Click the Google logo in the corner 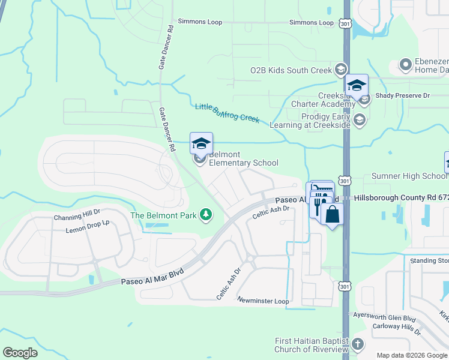coord(20,353)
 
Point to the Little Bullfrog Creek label coord(227,112)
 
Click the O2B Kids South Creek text coord(291,70)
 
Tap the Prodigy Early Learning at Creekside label coord(316,120)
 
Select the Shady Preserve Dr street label coord(403,95)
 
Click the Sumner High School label coord(409,176)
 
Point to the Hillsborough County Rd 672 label coord(401,197)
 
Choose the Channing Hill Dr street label coord(77,218)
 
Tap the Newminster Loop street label coord(263,301)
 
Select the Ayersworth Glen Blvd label coord(385,319)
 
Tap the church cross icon coord(358,344)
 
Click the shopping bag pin coord(332,214)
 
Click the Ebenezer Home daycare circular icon coord(405,64)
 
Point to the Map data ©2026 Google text coord(411,355)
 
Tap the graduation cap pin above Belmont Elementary coord(201,143)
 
